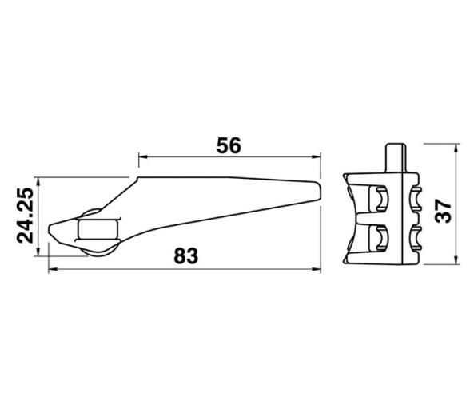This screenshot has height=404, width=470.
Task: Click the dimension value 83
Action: [x=185, y=255]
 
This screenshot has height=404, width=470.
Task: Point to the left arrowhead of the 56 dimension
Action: [x=143, y=157]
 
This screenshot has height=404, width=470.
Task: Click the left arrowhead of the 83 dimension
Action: [x=53, y=269]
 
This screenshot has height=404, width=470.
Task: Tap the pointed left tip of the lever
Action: [x=50, y=228]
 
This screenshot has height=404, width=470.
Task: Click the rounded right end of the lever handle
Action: [x=320, y=188]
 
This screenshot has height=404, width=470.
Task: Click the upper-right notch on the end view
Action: [x=414, y=197]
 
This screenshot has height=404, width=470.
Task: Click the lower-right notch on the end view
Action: [x=414, y=237]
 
